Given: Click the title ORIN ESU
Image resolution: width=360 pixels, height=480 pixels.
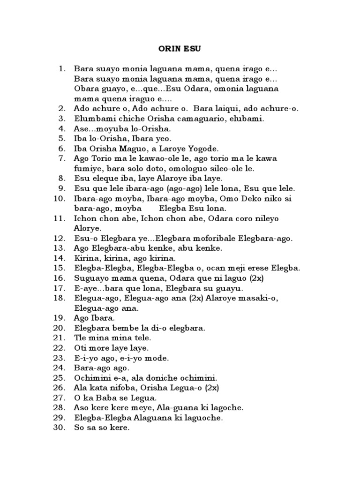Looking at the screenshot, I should tap(180, 47).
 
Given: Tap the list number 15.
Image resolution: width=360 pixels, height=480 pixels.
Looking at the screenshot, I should tap(61, 268).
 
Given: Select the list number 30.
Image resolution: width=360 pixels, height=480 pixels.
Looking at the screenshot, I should tap(61, 428).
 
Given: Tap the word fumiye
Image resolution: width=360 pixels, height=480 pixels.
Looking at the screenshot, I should tap(89, 168).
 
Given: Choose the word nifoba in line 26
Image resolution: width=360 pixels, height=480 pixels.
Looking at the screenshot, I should tap(124, 388).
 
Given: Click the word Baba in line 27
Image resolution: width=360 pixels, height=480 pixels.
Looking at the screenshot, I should tap(103, 398).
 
